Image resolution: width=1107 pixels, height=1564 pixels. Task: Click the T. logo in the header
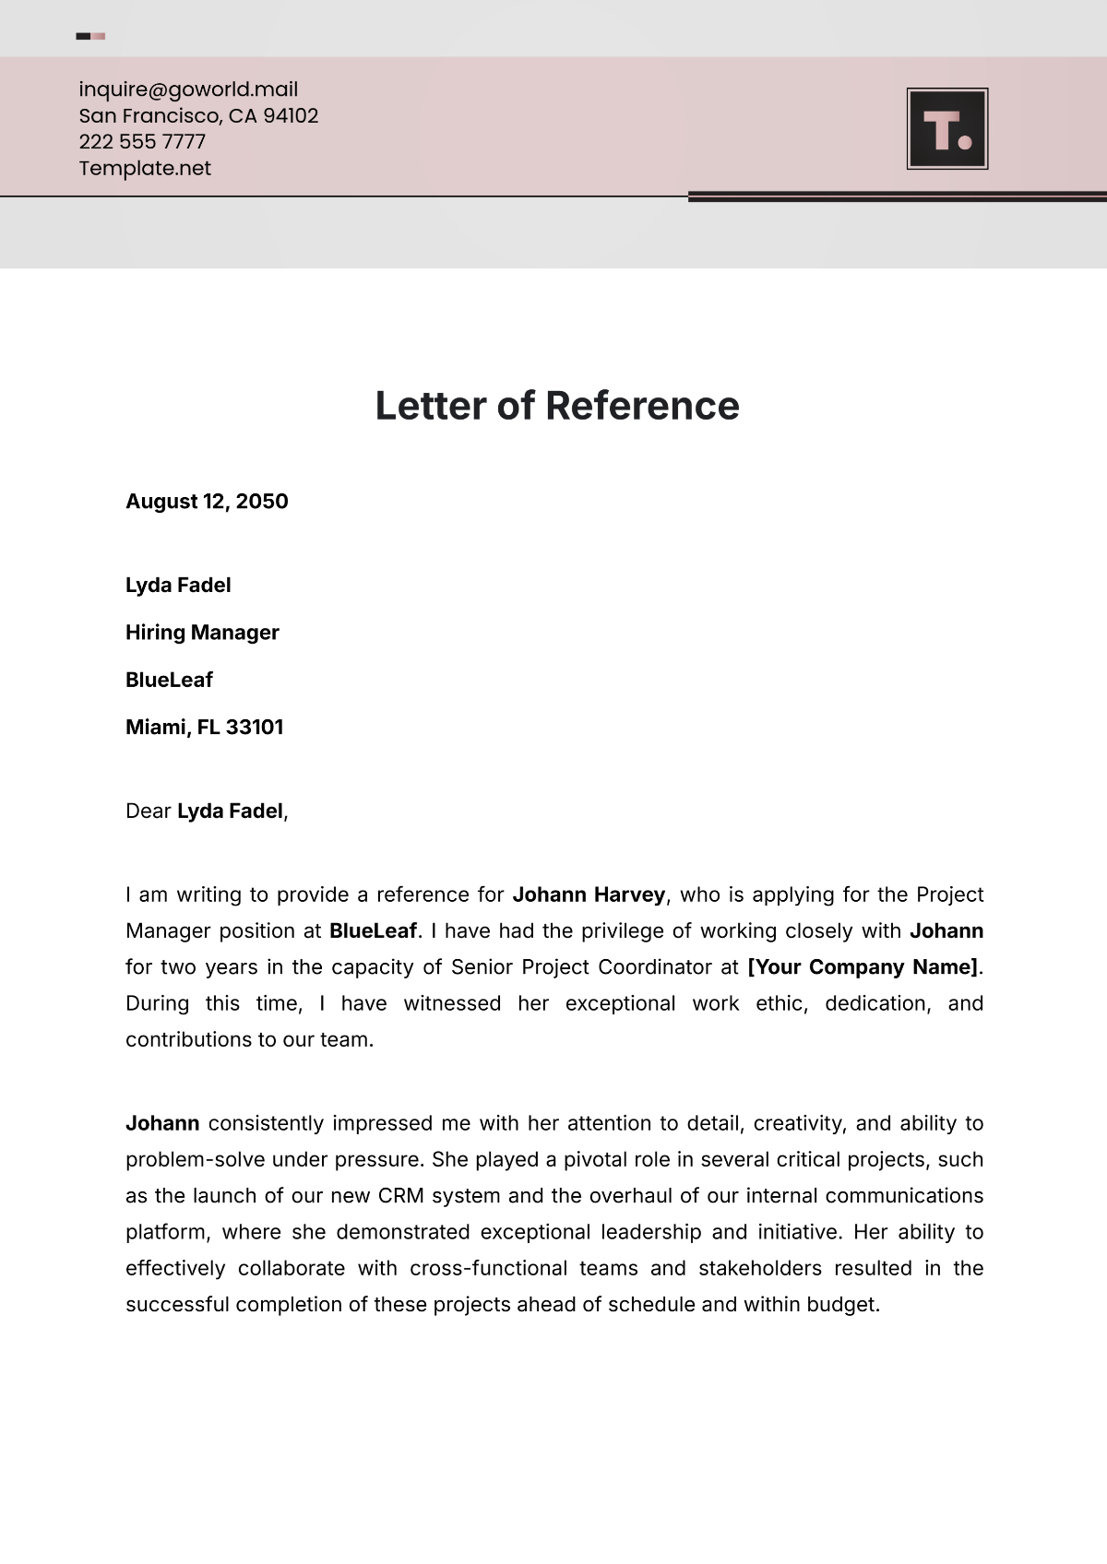tap(947, 129)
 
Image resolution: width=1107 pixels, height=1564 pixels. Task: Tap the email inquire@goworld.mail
tap(188, 89)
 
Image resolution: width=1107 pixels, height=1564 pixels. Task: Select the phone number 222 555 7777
tap(142, 142)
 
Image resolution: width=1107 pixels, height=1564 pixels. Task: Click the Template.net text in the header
tap(145, 169)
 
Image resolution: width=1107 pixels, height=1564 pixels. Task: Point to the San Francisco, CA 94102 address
tap(198, 116)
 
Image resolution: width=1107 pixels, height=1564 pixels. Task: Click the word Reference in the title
tap(642, 406)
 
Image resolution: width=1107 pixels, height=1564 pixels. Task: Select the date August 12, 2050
tap(207, 502)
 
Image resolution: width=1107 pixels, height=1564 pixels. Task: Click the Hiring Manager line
tap(202, 633)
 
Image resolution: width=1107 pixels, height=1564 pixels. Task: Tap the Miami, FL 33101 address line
tap(204, 728)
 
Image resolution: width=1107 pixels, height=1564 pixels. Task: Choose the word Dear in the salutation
tap(148, 812)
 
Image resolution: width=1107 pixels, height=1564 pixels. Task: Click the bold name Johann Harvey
tap(589, 895)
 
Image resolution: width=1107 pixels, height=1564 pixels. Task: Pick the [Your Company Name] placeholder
tap(863, 967)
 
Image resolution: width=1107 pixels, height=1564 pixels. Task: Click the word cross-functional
tap(488, 1269)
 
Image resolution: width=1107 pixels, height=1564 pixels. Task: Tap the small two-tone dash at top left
tap(90, 37)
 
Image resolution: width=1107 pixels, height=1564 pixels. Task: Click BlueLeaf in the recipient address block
tap(169, 681)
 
